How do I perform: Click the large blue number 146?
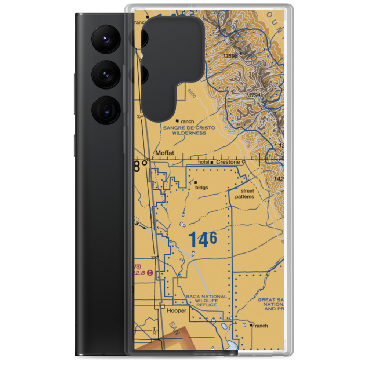pyautogui.click(x=203, y=240)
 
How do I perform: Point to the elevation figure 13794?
pyautogui.click(x=253, y=95)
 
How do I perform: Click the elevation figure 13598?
pyautogui.click(x=230, y=56)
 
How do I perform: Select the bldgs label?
pyautogui.click(x=202, y=188)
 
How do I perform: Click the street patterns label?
pyautogui.click(x=247, y=194)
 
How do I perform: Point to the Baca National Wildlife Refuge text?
pyautogui.click(x=207, y=301)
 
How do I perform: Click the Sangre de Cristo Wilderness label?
pyautogui.click(x=189, y=130)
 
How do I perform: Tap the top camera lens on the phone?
pyautogui.click(x=105, y=39)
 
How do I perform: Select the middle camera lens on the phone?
pyautogui.click(x=105, y=75)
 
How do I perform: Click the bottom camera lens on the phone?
pyautogui.click(x=105, y=110)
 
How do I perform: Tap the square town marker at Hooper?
pyautogui.click(x=162, y=306)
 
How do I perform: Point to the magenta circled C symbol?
pyautogui.click(x=150, y=273)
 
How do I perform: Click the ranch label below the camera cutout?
pyautogui.click(x=187, y=121)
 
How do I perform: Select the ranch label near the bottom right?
pyautogui.click(x=262, y=326)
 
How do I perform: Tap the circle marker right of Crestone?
pyautogui.click(x=244, y=162)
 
